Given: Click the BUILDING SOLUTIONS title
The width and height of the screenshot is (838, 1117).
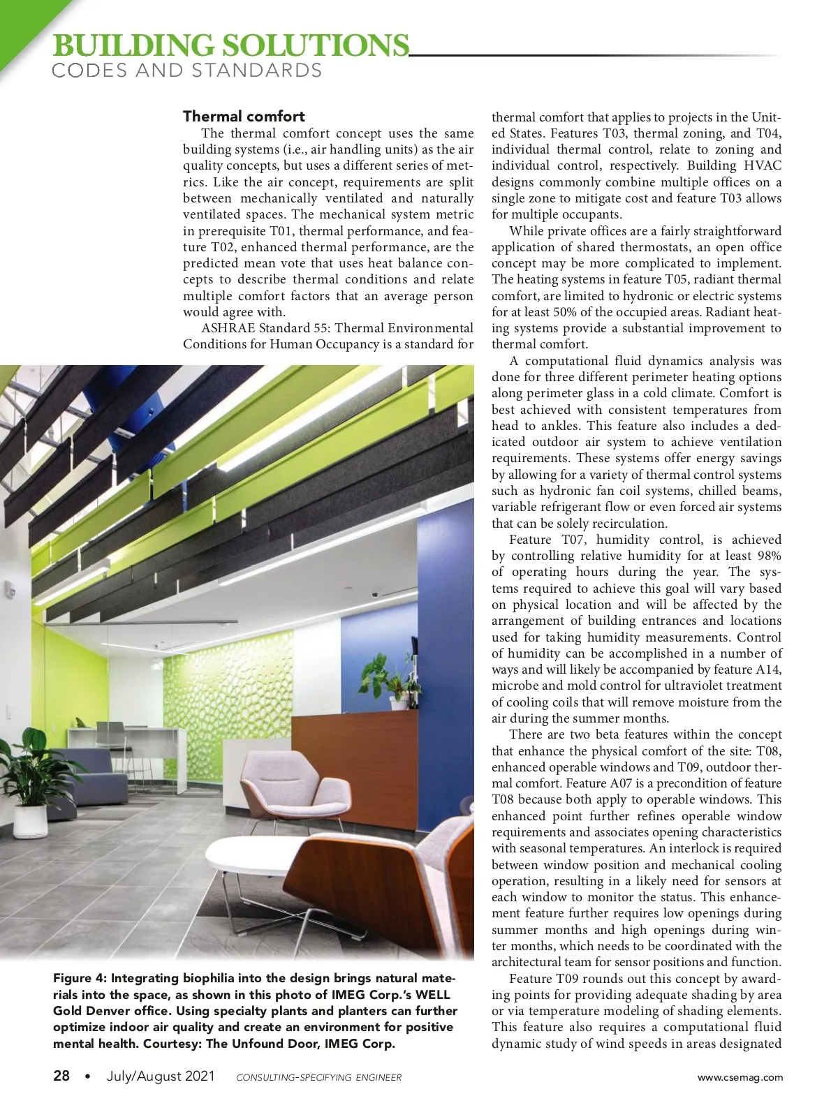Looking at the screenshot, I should tap(230, 46).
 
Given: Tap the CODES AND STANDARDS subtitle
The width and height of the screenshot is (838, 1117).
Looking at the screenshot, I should tap(187, 71).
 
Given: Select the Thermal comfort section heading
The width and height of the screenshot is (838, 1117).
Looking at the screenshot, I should tap(244, 116).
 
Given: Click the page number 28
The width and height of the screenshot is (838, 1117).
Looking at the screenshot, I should tap(61, 1076).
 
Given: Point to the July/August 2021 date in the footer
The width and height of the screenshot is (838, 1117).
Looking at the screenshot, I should tap(161, 1076).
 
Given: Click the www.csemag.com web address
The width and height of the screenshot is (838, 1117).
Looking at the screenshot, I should tap(740, 1077).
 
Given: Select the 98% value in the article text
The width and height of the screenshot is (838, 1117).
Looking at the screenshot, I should tap(769, 556).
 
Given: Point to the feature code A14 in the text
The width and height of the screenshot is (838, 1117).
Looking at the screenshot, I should tap(768, 670).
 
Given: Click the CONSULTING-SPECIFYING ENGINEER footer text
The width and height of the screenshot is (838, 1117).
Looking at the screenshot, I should tap(319, 1077).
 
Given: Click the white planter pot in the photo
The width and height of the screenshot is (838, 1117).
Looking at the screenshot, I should tap(31, 821).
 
